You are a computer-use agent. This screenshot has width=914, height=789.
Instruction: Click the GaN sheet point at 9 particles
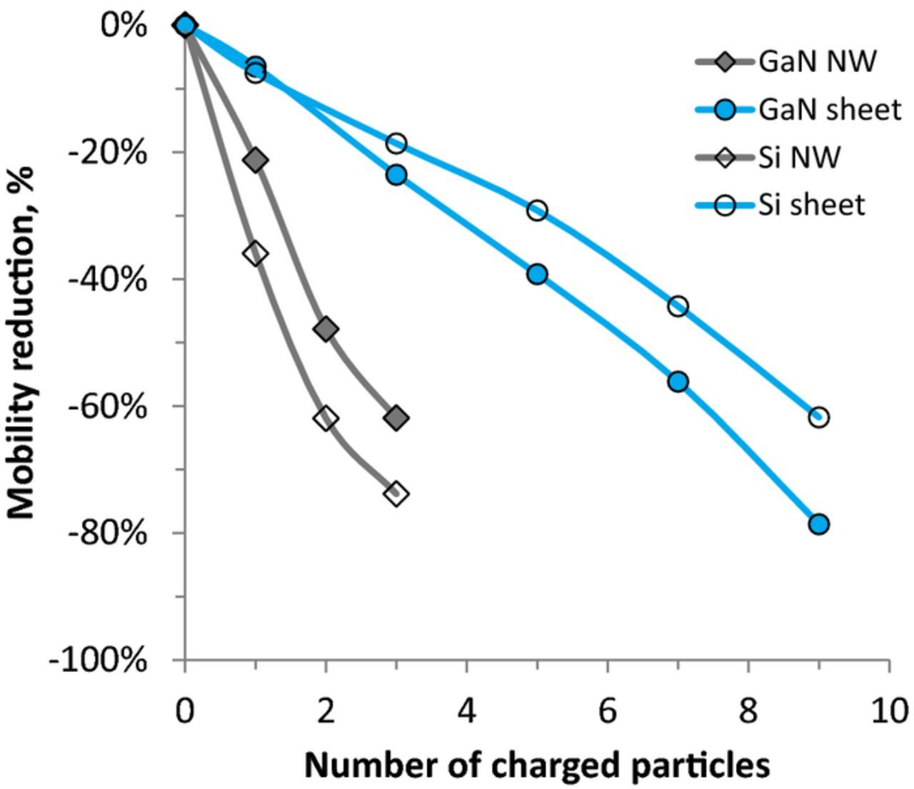818,524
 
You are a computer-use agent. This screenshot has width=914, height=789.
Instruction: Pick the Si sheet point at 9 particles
818,417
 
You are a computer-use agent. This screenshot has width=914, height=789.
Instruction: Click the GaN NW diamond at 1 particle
256,160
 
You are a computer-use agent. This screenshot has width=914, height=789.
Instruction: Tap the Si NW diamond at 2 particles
326,418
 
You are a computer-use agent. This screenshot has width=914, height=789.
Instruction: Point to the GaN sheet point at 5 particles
537,274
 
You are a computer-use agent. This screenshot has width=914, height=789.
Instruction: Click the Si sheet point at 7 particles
678,306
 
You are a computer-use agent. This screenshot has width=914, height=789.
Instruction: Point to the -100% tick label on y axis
98,660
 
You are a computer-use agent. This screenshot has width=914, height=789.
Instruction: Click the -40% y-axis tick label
107,279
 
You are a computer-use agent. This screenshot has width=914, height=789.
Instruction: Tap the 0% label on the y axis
124,26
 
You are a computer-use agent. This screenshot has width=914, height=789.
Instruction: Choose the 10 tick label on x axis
888,711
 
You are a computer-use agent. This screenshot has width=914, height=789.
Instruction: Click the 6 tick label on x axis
607,711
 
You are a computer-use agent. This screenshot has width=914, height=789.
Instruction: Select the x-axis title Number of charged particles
537,765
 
